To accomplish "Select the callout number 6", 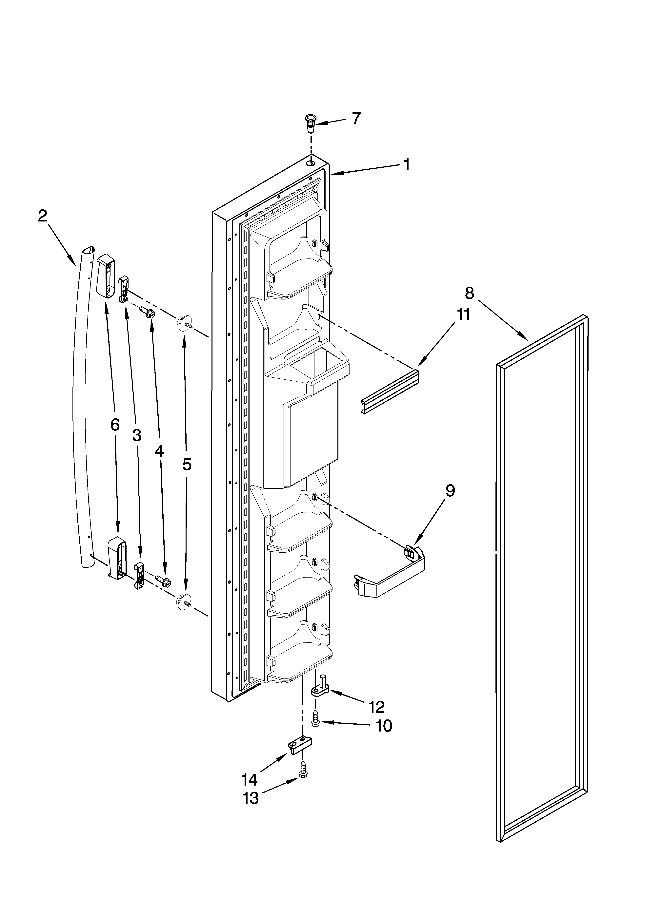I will point(115,424).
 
